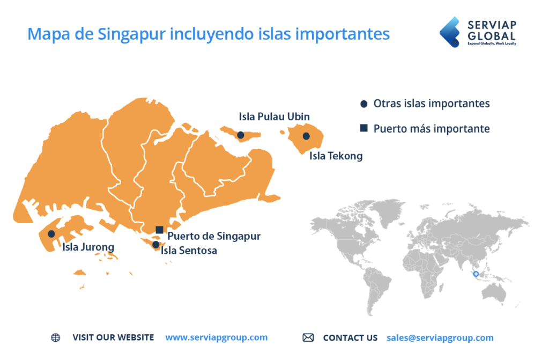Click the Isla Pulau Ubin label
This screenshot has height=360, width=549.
coord(274,116)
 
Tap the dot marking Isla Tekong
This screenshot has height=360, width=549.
coord(306,136)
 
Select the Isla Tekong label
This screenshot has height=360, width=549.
coord(336,156)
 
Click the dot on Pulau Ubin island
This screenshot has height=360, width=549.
coord(241,135)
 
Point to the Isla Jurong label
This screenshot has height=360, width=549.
coord(88,247)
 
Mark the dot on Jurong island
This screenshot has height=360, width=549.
coord(51,234)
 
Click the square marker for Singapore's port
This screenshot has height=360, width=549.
coord(159,230)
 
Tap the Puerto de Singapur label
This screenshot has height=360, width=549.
coord(214,236)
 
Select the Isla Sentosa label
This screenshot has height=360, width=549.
coord(189,250)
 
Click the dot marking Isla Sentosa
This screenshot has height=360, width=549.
coord(155,245)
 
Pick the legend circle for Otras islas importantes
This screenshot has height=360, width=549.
coord(364,104)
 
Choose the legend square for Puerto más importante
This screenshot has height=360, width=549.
coord(364,128)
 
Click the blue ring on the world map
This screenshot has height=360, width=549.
coord(476,274)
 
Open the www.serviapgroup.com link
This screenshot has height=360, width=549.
coord(216,337)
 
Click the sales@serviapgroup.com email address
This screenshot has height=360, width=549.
coord(440,337)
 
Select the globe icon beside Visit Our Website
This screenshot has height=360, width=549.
coord(56,337)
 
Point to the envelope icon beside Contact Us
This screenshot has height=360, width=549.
coord(308,337)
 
